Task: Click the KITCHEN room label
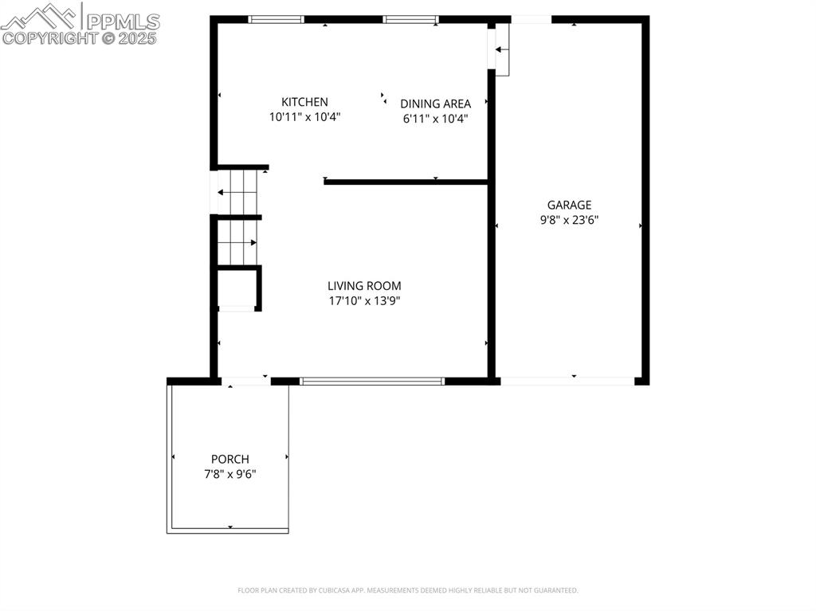(x=304, y=102)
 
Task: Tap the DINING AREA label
(x=435, y=104)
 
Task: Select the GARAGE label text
(x=569, y=205)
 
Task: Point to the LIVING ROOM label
(x=364, y=285)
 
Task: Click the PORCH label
(x=229, y=459)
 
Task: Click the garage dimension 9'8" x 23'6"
(x=569, y=220)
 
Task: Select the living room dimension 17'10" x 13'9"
(x=364, y=301)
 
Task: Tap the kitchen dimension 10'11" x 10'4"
(x=304, y=117)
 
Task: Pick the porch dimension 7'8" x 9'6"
(x=229, y=474)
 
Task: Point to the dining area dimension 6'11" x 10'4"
(x=435, y=119)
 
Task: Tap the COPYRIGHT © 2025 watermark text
(x=80, y=37)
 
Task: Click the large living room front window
(x=371, y=382)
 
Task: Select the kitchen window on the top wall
(x=277, y=19)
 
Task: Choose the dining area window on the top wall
(x=410, y=19)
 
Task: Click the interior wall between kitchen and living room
(x=406, y=182)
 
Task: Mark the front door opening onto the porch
(x=245, y=382)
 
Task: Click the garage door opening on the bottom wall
(x=567, y=382)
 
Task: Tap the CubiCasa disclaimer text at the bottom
(x=408, y=590)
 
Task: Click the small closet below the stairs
(x=236, y=288)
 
